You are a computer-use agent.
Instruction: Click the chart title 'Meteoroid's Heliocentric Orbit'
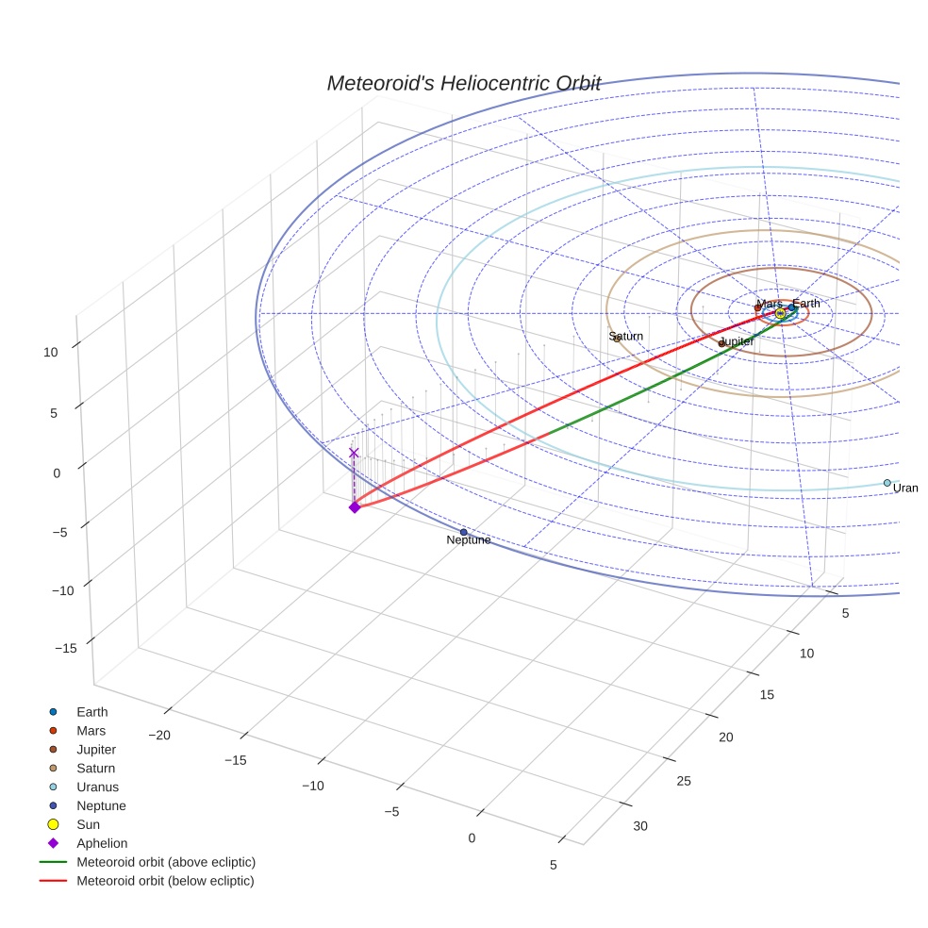point(463,83)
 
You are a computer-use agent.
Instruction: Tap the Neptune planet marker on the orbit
point(463,532)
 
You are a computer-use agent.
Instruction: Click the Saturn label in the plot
point(625,336)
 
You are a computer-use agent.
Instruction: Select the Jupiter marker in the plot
point(721,343)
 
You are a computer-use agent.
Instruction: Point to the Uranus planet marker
point(887,483)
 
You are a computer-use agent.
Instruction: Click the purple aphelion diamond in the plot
point(355,507)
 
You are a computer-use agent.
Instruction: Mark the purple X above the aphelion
point(354,453)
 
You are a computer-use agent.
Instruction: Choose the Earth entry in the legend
point(91,712)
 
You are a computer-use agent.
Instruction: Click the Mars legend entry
point(91,731)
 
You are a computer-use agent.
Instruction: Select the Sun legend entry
point(89,824)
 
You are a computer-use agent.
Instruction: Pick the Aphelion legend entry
point(101,843)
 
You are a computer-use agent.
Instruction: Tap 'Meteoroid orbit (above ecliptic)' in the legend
point(165,862)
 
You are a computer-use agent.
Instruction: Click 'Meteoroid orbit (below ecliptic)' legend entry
point(165,881)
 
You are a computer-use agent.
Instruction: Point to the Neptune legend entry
point(101,805)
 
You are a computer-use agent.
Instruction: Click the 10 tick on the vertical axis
point(50,352)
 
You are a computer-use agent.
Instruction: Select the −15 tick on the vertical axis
point(65,648)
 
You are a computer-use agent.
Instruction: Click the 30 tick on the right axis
point(640,826)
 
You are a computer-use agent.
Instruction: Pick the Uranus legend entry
point(97,787)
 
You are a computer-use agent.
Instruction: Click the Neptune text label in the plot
point(469,540)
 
